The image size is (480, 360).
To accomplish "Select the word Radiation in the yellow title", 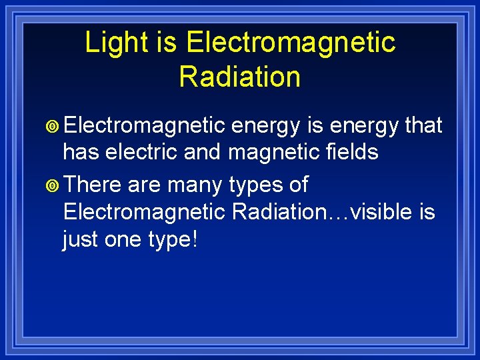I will point(240,77).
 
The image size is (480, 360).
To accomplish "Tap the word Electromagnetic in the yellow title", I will point(291,43).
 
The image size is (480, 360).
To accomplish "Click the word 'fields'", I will point(351,152).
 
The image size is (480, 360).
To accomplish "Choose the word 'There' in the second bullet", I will point(93,183).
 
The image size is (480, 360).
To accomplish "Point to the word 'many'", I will point(202,185).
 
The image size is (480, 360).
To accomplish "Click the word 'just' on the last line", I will point(81,240).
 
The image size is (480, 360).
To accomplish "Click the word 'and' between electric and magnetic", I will point(203,152).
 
